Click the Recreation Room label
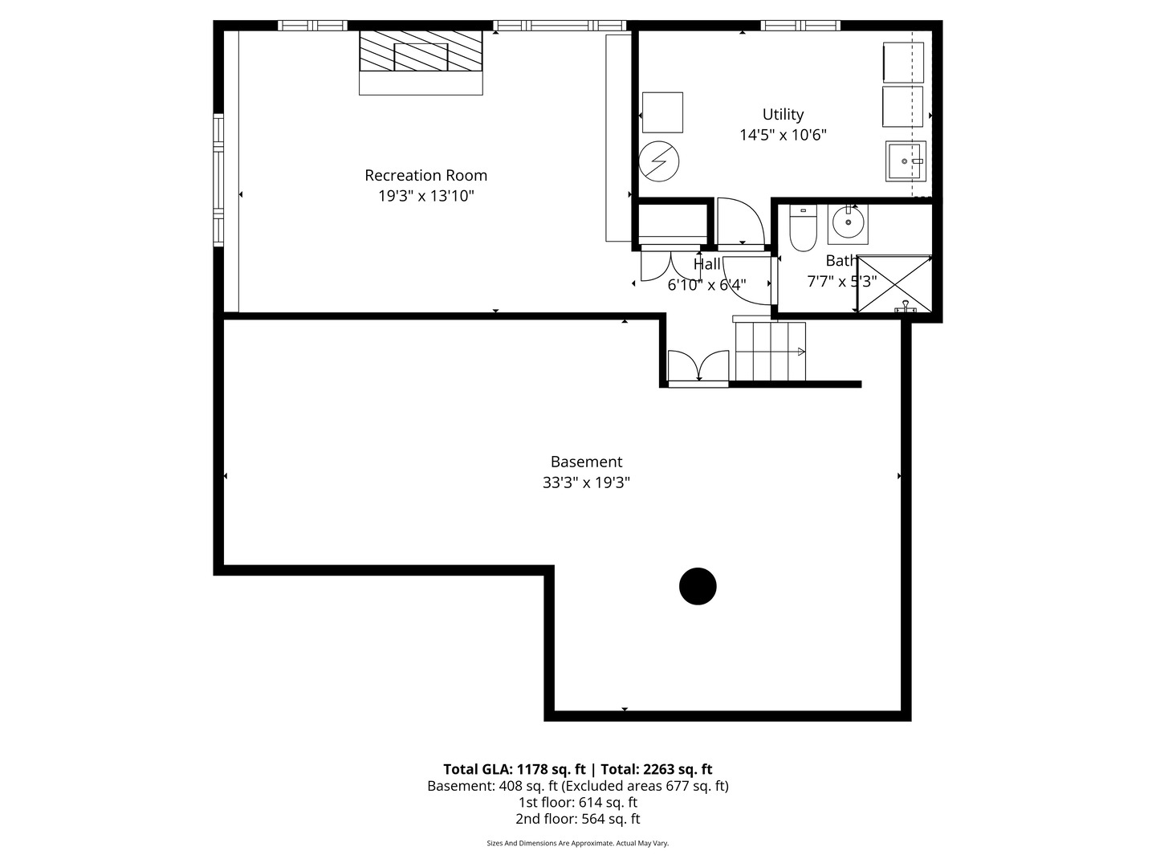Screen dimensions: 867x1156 425,175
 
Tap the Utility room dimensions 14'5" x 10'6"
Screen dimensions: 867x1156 783,135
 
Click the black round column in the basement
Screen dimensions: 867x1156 698,586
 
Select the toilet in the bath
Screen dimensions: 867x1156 803,229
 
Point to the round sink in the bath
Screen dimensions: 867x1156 848,222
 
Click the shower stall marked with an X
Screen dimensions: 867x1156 894,284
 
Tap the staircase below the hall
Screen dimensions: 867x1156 770,352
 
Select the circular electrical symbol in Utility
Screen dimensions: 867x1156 659,162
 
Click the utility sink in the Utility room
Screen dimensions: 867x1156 906,161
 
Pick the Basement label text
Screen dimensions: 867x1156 586,462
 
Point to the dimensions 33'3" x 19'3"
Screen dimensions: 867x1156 586,482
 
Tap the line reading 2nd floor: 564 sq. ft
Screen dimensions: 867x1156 578,819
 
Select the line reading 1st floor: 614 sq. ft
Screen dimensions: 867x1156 578,802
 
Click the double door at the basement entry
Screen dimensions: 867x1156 698,367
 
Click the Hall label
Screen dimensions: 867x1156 706,264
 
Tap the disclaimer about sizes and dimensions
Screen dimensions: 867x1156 578,843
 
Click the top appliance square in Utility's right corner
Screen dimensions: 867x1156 902,63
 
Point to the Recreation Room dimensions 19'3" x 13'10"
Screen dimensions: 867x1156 426,196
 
